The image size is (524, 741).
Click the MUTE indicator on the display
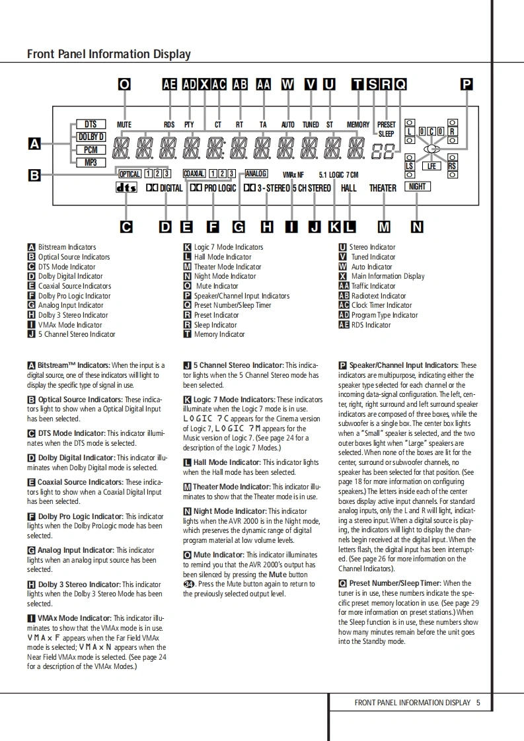124,125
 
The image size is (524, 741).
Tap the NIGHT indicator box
418,186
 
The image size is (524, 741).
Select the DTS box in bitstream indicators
91,124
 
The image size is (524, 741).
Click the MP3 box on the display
91,162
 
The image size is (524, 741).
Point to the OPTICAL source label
130,174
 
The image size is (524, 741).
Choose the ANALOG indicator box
256,174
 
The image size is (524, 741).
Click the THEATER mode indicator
383,188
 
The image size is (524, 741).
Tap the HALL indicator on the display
349,188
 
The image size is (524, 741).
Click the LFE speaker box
431,166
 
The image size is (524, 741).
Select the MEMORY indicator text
358,125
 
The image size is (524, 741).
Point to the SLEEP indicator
386,133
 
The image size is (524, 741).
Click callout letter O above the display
124,84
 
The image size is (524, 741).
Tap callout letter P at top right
467,84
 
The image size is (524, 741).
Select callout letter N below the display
417,227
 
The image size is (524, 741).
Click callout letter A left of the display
35,143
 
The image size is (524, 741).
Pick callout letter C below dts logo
126,227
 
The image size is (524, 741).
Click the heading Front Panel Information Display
108,54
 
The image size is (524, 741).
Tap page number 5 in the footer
478,703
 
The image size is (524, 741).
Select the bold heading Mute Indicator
218,555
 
